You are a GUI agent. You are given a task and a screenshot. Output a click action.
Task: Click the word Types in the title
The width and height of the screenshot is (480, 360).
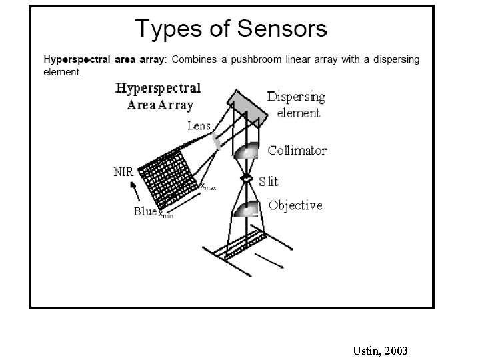[x=163, y=30]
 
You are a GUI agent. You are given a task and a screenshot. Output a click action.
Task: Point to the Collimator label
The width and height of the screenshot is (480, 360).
[x=297, y=151]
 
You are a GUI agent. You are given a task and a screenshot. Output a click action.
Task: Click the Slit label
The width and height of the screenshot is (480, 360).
[x=269, y=181]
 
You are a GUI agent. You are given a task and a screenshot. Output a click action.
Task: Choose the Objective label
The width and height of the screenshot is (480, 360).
[x=295, y=205]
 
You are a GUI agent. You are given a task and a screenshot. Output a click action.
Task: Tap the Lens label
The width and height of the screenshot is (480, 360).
[x=199, y=125]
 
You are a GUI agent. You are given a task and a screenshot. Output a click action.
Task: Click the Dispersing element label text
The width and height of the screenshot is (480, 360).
[x=296, y=105]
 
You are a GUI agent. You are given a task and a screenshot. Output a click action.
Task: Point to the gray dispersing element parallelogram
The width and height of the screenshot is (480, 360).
[x=248, y=107]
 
